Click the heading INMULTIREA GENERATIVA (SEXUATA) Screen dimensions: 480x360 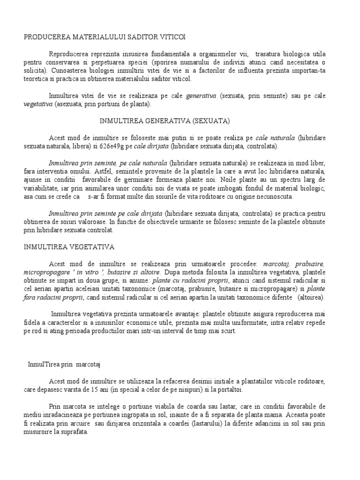(165, 120)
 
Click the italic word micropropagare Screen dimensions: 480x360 (47, 272)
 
